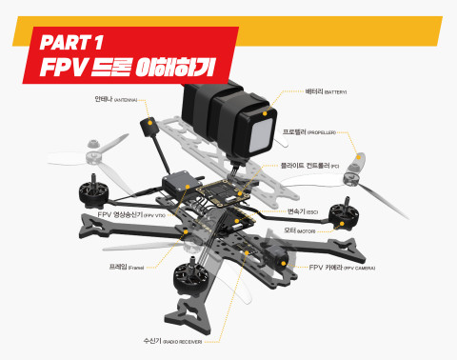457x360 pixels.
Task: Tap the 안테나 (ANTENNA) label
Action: click(116, 99)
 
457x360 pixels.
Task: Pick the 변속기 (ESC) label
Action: click(307, 211)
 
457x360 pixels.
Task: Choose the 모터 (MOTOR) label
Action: click(300, 230)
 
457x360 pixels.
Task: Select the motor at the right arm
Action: click(341, 214)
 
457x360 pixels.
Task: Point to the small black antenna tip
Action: click(150, 127)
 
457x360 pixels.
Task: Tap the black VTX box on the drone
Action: click(179, 187)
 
